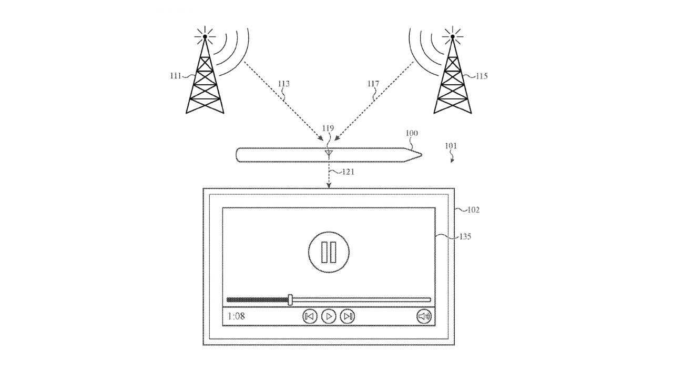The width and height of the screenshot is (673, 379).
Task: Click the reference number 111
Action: [x=176, y=75]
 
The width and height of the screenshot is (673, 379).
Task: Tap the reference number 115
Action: [x=482, y=76]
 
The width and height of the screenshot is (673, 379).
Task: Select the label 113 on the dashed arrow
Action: [x=283, y=83]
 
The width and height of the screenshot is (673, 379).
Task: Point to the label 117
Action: [x=373, y=83]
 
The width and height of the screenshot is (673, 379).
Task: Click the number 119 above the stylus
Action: [x=328, y=128]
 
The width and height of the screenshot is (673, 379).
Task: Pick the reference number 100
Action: [x=412, y=133]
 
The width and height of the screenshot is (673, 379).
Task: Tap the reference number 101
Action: [x=451, y=146]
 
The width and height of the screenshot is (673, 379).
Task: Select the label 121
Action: [x=349, y=172]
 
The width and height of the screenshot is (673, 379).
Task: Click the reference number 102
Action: [x=474, y=210]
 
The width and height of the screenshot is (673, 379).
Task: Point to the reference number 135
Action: [x=465, y=237]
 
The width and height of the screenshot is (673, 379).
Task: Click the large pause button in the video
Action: [x=329, y=252]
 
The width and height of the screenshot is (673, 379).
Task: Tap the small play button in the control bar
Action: [x=329, y=316]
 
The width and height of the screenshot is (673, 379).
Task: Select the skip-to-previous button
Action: [x=310, y=316]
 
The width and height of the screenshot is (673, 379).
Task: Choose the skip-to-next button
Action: [x=348, y=316]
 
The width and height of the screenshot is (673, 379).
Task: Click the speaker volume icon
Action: [x=424, y=316]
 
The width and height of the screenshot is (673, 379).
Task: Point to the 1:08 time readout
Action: [x=236, y=316]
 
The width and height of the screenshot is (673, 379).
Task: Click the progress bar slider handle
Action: [x=290, y=300]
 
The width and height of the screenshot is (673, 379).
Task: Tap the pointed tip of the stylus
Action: [x=421, y=155]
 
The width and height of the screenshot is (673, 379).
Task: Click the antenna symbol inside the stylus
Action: [x=329, y=154]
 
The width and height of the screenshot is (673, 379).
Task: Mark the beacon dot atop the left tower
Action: [x=205, y=37]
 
